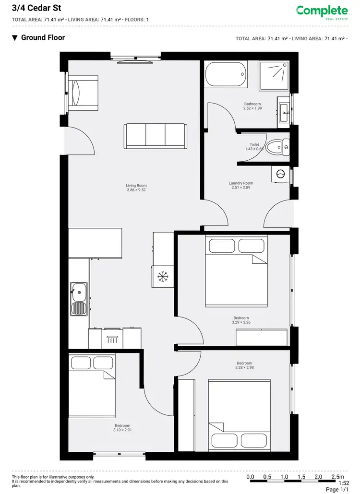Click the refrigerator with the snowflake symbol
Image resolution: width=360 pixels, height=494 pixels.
coord(162,276)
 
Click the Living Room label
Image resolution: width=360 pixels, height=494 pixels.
coord(136,186)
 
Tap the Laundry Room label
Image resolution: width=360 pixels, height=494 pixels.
coord(241,183)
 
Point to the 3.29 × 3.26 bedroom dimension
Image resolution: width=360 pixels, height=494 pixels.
coord(241,323)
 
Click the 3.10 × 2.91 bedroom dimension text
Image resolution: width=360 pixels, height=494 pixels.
coord(122,430)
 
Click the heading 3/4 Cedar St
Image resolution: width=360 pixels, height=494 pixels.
coord(33,8)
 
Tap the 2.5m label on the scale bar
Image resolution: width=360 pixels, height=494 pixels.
coord(337,477)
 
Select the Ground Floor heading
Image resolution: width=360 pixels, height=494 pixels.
coord(43,37)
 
